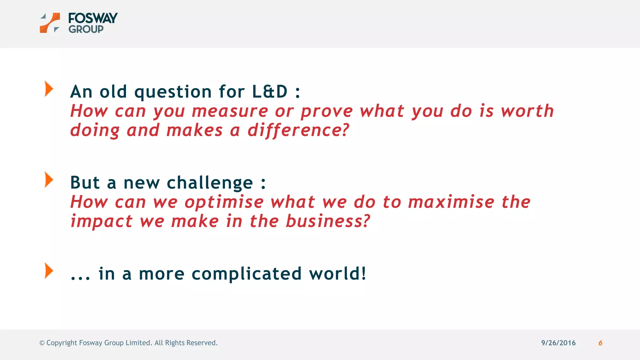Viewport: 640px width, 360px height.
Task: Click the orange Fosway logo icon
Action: [x=50, y=22]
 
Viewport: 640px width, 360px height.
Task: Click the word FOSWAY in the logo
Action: [x=93, y=18]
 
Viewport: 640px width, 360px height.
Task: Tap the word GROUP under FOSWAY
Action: [x=86, y=29]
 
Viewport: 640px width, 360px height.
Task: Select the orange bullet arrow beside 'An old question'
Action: [x=49, y=89]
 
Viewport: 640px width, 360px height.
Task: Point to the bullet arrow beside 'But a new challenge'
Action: [x=49, y=180]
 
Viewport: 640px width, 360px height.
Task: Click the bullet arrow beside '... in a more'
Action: [x=49, y=271]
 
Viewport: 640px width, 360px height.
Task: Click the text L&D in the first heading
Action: [x=269, y=92]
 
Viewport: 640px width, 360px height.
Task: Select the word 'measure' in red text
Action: [x=230, y=112]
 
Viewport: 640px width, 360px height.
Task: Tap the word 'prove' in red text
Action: [x=327, y=112]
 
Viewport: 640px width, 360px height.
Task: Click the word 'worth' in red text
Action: [x=527, y=111]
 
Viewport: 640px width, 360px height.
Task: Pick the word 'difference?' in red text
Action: [x=298, y=130]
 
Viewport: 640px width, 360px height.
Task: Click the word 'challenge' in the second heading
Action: [x=210, y=183]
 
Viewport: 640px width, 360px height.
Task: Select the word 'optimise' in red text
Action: [x=224, y=202]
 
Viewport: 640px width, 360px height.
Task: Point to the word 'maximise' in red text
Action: [x=451, y=202]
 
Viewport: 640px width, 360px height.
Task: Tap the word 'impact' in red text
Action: [x=101, y=222]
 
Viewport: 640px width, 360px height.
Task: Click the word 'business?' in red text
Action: [x=328, y=221]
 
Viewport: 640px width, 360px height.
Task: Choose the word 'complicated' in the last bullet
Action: [x=246, y=274]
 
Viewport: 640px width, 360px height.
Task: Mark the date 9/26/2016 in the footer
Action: [x=558, y=343]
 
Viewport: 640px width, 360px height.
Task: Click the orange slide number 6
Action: [x=600, y=343]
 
